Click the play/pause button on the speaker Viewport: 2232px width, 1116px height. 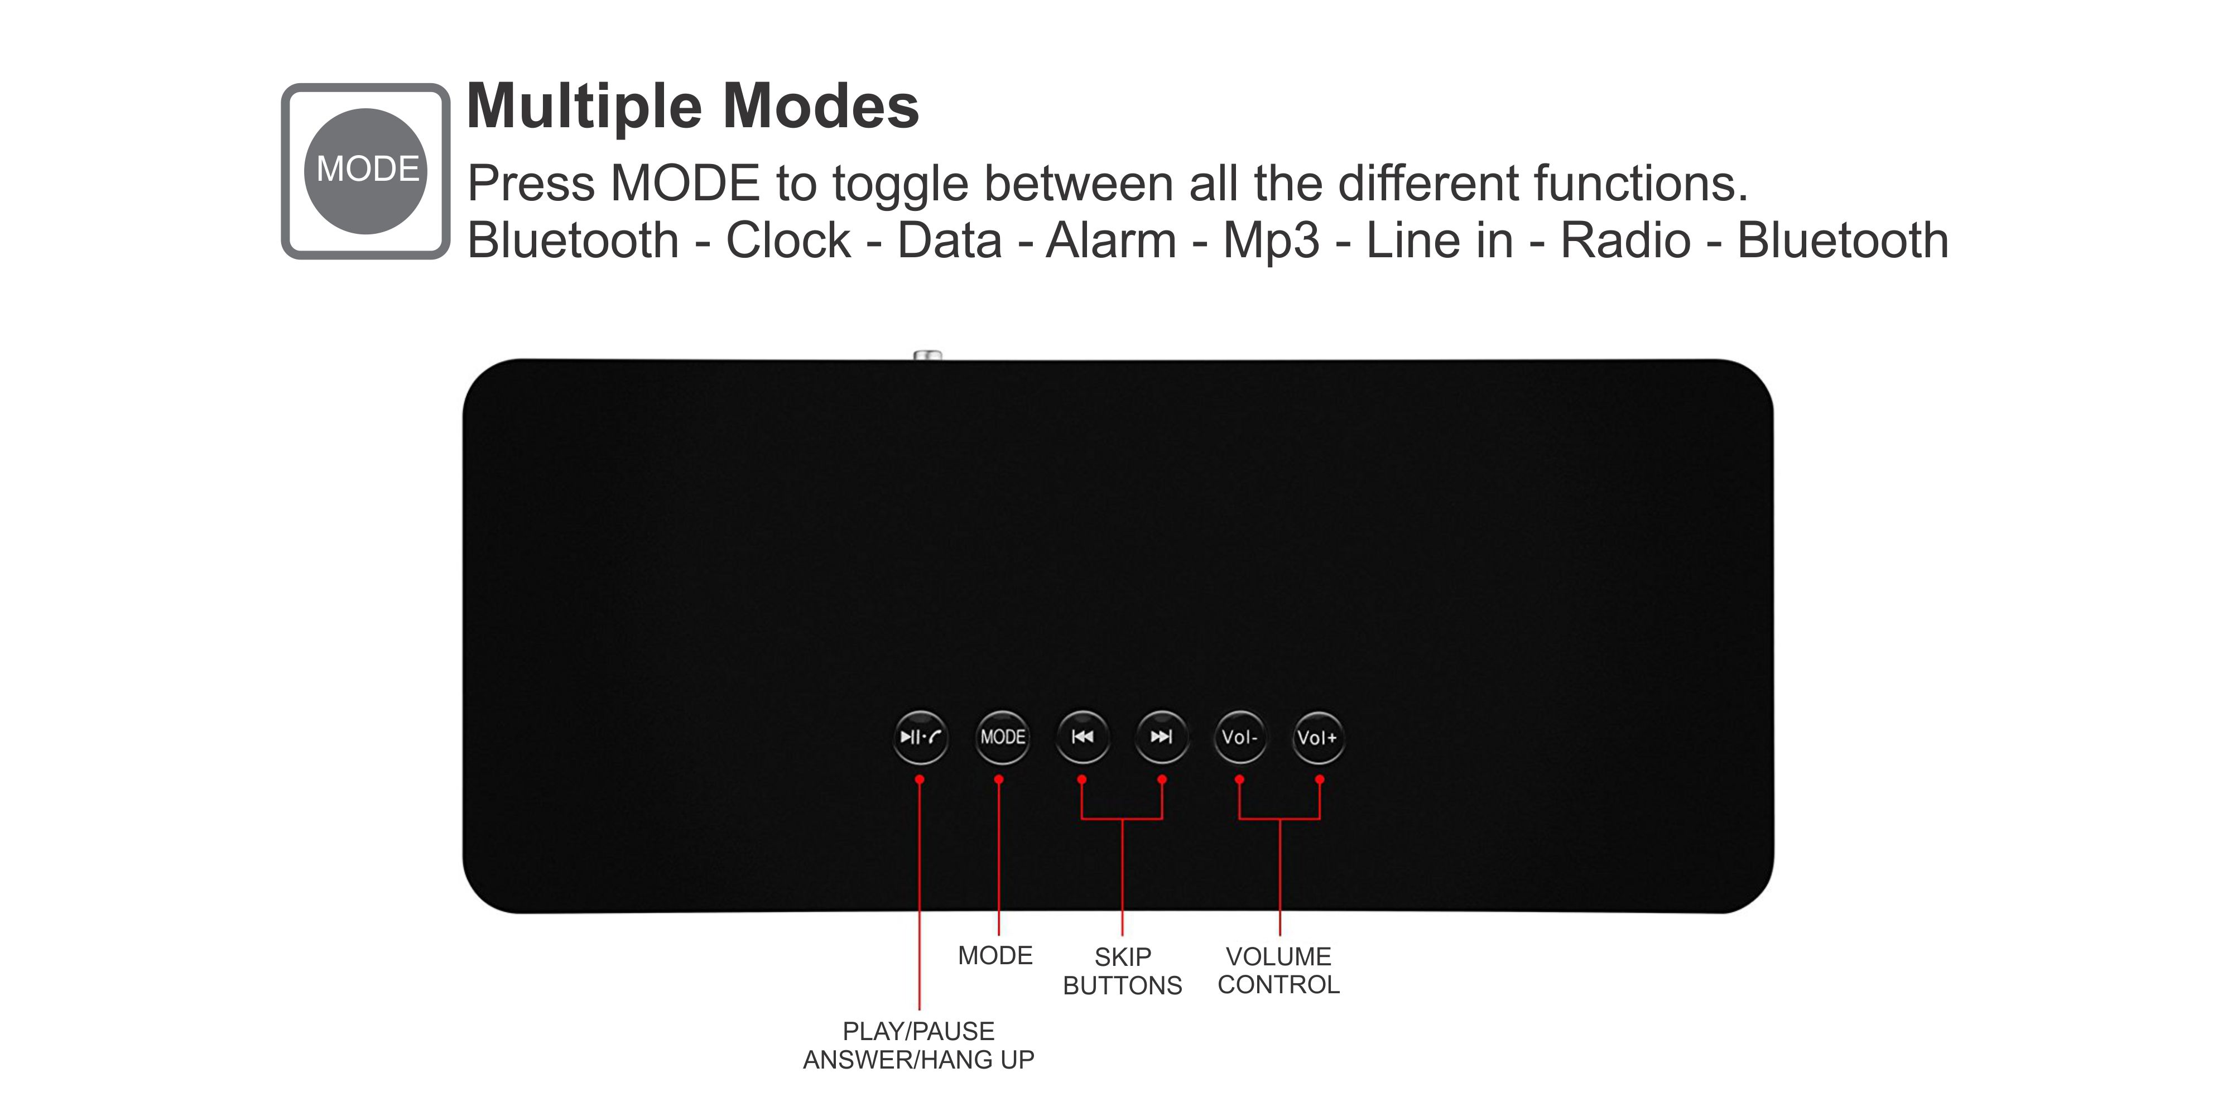(920, 737)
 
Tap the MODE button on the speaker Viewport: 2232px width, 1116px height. (1003, 737)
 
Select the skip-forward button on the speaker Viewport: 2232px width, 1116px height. (1162, 737)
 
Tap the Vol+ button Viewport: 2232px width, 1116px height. (1318, 737)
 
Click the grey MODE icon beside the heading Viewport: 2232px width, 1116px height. (365, 171)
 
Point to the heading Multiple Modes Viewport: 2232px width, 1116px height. (693, 107)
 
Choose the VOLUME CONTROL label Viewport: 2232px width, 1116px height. (1279, 970)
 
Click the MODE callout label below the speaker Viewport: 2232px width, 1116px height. (995, 956)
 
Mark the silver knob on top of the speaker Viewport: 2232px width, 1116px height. (928, 354)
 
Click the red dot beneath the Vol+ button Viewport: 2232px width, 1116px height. (1320, 779)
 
